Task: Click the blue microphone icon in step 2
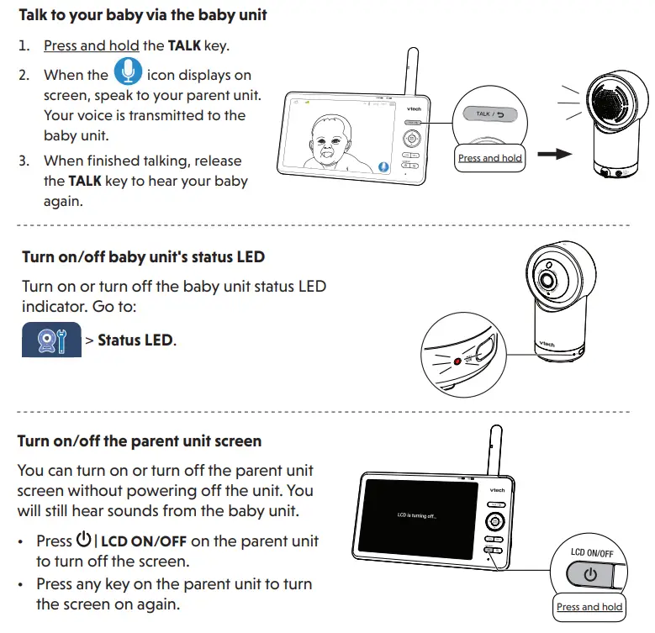click(x=128, y=71)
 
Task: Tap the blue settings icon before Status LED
click(x=50, y=340)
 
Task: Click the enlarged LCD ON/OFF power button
click(x=590, y=576)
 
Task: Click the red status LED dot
click(x=457, y=362)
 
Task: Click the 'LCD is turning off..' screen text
click(x=417, y=514)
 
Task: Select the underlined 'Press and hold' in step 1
click(x=92, y=45)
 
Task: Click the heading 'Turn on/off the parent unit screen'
click(x=140, y=440)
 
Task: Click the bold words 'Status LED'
click(x=135, y=340)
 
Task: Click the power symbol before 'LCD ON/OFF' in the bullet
click(x=83, y=541)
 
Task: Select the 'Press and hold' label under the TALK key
click(x=489, y=157)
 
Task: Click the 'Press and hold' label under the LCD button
click(x=589, y=607)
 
